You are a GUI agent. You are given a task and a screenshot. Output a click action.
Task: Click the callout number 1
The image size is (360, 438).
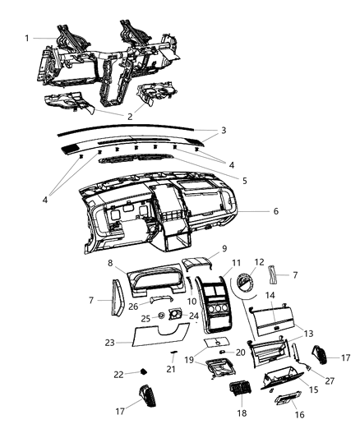pyautogui.click(x=27, y=38)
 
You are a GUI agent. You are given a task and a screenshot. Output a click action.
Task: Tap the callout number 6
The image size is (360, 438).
pyautogui.click(x=276, y=211)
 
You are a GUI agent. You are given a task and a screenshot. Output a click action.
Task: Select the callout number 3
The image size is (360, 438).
pyautogui.click(x=223, y=131)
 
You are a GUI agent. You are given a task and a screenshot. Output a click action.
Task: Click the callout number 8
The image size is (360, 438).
pyautogui.click(x=110, y=263)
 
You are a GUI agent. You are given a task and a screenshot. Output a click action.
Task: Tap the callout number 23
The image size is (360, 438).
pyautogui.click(x=110, y=342)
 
